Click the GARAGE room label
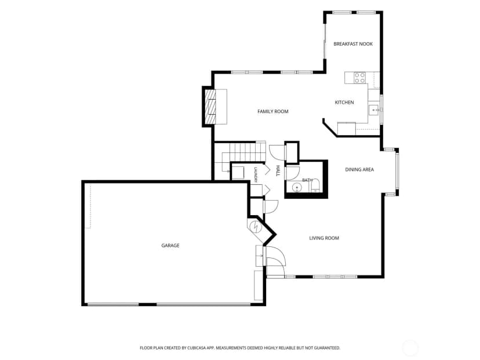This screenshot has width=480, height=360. click(x=170, y=246)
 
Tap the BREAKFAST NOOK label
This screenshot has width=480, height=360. click(x=353, y=44)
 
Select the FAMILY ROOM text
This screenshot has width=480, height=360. click(x=273, y=111)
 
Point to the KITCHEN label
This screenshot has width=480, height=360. click(x=344, y=102)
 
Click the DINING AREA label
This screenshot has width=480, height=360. click(x=359, y=170)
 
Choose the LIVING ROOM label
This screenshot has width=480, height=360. click(x=324, y=238)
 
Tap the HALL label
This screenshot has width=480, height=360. click(x=278, y=171)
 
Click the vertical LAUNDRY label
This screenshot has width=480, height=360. click(x=255, y=175)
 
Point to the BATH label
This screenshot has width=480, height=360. click(x=307, y=180)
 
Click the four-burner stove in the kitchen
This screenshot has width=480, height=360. click(x=359, y=78)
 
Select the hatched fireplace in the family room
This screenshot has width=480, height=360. click(x=210, y=106)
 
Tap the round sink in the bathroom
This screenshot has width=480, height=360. click(x=297, y=187)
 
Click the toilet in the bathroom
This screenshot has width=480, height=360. click(x=315, y=186)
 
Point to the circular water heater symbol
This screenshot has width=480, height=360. click(x=255, y=227)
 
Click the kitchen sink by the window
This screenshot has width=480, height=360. click(x=374, y=110)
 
